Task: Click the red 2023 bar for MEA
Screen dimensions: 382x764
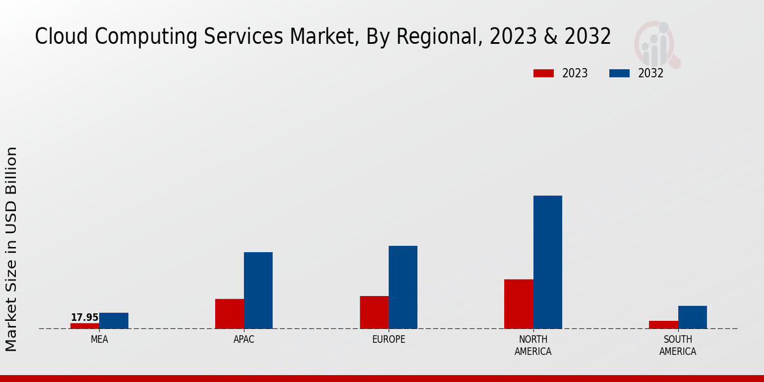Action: [x=85, y=325]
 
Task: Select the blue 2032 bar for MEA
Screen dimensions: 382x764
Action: [x=114, y=320]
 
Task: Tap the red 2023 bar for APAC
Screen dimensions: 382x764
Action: [x=229, y=313]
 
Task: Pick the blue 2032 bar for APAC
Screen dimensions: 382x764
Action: [x=258, y=290]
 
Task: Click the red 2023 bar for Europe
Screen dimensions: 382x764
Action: [x=374, y=312]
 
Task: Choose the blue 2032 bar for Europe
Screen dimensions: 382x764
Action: [x=403, y=287]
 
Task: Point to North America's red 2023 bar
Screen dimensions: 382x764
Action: [x=518, y=304]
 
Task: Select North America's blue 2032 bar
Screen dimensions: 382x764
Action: [x=548, y=262]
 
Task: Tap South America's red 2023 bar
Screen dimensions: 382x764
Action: [x=663, y=325]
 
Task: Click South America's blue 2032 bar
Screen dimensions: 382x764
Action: [x=692, y=317]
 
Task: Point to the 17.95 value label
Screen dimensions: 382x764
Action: [x=85, y=317]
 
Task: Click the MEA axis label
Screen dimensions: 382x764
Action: [x=99, y=340]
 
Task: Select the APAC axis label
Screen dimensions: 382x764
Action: [x=244, y=340]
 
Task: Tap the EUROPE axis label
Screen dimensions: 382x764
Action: [x=388, y=340]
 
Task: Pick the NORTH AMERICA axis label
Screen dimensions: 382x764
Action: [x=534, y=345]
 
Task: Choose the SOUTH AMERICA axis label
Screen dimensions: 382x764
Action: [x=677, y=345]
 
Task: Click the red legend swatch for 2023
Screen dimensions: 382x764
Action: [x=544, y=73]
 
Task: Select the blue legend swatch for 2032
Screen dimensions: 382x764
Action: [x=619, y=73]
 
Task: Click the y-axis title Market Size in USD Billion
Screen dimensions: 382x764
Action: [x=11, y=248]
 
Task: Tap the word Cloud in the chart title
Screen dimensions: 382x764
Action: [x=61, y=37]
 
